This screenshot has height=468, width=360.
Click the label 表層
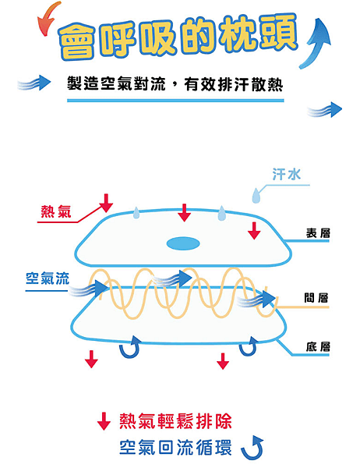pyautogui.click(x=318, y=233)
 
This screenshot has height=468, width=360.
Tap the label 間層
pyautogui.click(x=316, y=298)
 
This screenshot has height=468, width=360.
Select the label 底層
pyautogui.click(x=318, y=346)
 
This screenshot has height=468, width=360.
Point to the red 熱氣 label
pyautogui.click(x=56, y=212)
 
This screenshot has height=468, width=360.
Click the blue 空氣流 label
pyautogui.click(x=48, y=278)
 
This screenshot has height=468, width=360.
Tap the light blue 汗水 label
pyautogui.click(x=286, y=174)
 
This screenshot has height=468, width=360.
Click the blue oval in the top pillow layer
pyautogui.click(x=183, y=243)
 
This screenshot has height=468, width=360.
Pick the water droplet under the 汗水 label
pyautogui.click(x=256, y=196)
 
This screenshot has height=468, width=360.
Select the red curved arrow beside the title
pyautogui.click(x=47, y=18)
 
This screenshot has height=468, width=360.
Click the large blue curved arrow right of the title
pyautogui.click(x=316, y=43)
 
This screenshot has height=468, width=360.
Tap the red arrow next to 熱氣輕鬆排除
pyautogui.click(x=104, y=421)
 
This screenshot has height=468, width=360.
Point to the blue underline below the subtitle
pyautogui.click(x=175, y=101)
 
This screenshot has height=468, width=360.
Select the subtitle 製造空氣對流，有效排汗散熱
pyautogui.click(x=175, y=84)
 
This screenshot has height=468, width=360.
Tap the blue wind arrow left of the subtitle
pyautogui.click(x=34, y=83)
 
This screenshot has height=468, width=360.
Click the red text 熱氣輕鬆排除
pyautogui.click(x=175, y=421)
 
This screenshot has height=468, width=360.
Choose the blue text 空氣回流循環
pyautogui.click(x=175, y=448)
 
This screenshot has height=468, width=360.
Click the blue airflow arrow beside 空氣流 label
pyautogui.click(x=88, y=289)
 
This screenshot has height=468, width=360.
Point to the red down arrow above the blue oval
pyautogui.click(x=185, y=212)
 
